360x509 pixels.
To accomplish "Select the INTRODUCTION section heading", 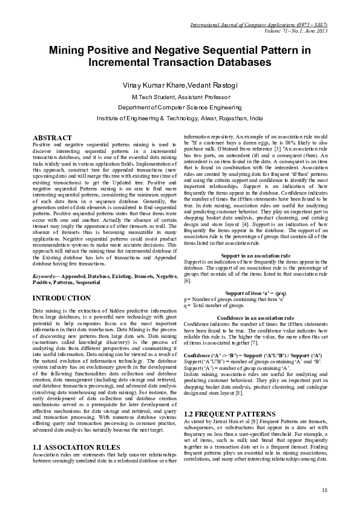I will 61,299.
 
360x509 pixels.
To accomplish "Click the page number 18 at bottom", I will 324,490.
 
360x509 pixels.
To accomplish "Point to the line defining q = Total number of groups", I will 214,305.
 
